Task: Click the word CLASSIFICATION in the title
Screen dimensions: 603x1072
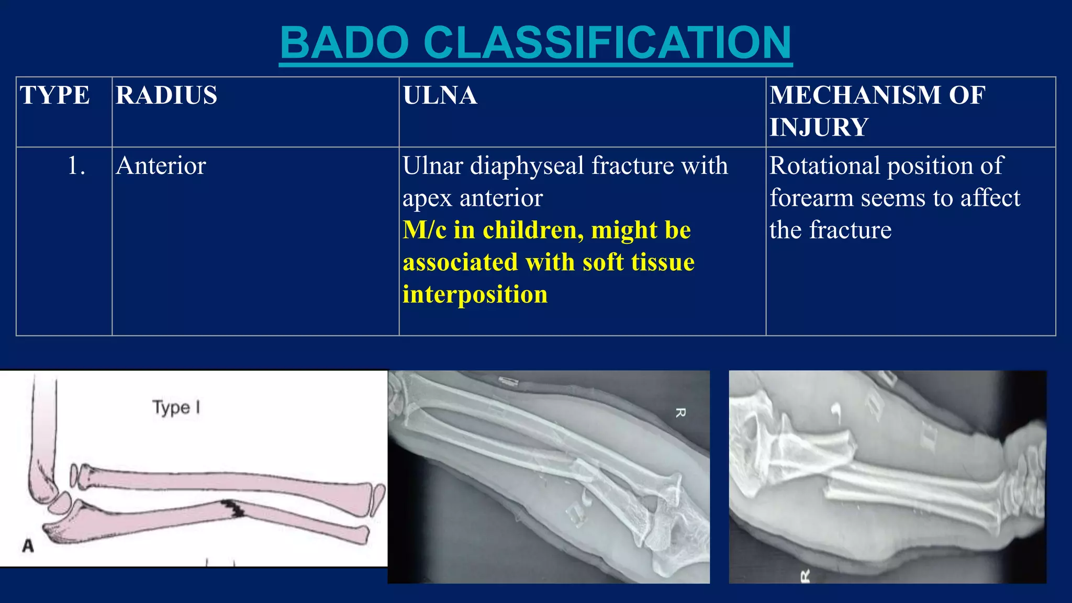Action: coord(607,43)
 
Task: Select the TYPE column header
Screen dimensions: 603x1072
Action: coord(55,96)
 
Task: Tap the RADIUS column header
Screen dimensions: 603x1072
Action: coord(166,96)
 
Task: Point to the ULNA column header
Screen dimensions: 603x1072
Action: coord(440,96)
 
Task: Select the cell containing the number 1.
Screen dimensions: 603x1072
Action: coord(76,166)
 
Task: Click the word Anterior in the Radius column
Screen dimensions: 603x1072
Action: coord(161,166)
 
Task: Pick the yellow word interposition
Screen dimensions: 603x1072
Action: coord(475,295)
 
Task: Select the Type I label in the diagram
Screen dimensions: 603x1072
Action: coord(176,407)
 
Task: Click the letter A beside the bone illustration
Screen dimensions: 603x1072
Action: coord(28,546)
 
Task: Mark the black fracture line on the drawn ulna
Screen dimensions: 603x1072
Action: coord(232,508)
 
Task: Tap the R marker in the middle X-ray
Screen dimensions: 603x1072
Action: coord(680,413)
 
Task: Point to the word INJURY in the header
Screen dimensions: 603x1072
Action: coord(819,128)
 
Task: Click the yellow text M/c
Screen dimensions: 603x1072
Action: coord(424,230)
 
